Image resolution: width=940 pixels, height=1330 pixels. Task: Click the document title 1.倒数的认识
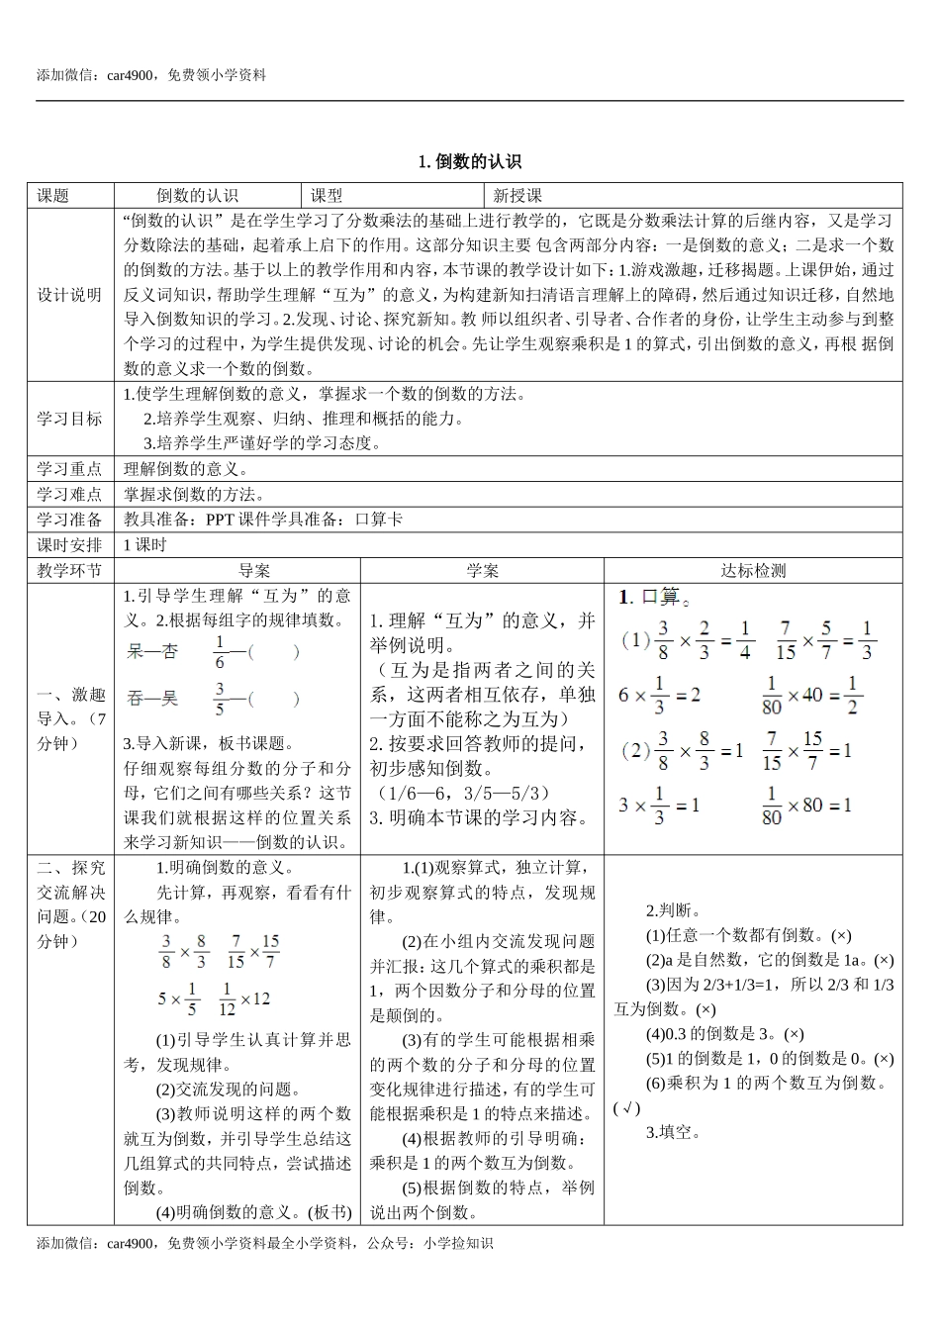pyautogui.click(x=470, y=161)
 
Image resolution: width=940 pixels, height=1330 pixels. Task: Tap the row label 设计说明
pyautogui.click(x=69, y=295)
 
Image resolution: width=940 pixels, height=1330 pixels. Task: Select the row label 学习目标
pyautogui.click(x=69, y=419)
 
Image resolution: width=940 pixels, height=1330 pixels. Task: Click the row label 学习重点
pyautogui.click(x=69, y=468)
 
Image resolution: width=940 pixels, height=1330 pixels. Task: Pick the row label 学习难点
pyautogui.click(x=69, y=494)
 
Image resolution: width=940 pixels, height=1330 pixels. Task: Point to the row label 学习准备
pyautogui.click(x=69, y=520)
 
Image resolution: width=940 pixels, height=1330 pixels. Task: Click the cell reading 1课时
pyautogui.click(x=145, y=545)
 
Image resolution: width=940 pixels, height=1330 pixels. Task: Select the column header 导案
pyautogui.click(x=254, y=571)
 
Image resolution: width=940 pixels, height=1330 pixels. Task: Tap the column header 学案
pyautogui.click(x=482, y=571)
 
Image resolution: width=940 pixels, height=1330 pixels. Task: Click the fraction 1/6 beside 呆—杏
pyautogui.click(x=220, y=652)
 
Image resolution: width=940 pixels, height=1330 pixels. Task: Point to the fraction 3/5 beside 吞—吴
pyautogui.click(x=220, y=699)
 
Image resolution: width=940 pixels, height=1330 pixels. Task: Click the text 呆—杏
pyautogui.click(x=152, y=652)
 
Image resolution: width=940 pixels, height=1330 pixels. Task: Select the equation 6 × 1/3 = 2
pyautogui.click(x=659, y=695)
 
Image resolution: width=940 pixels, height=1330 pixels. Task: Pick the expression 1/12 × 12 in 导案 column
pyautogui.click(x=243, y=999)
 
